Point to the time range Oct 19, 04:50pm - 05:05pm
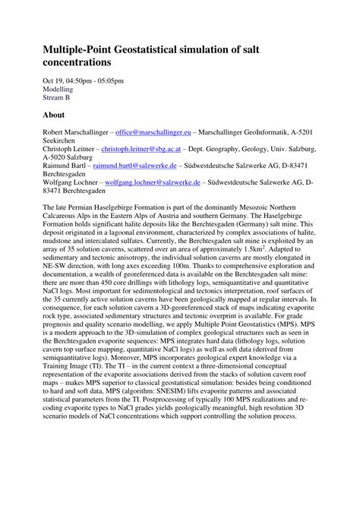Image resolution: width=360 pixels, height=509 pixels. click(84, 79)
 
